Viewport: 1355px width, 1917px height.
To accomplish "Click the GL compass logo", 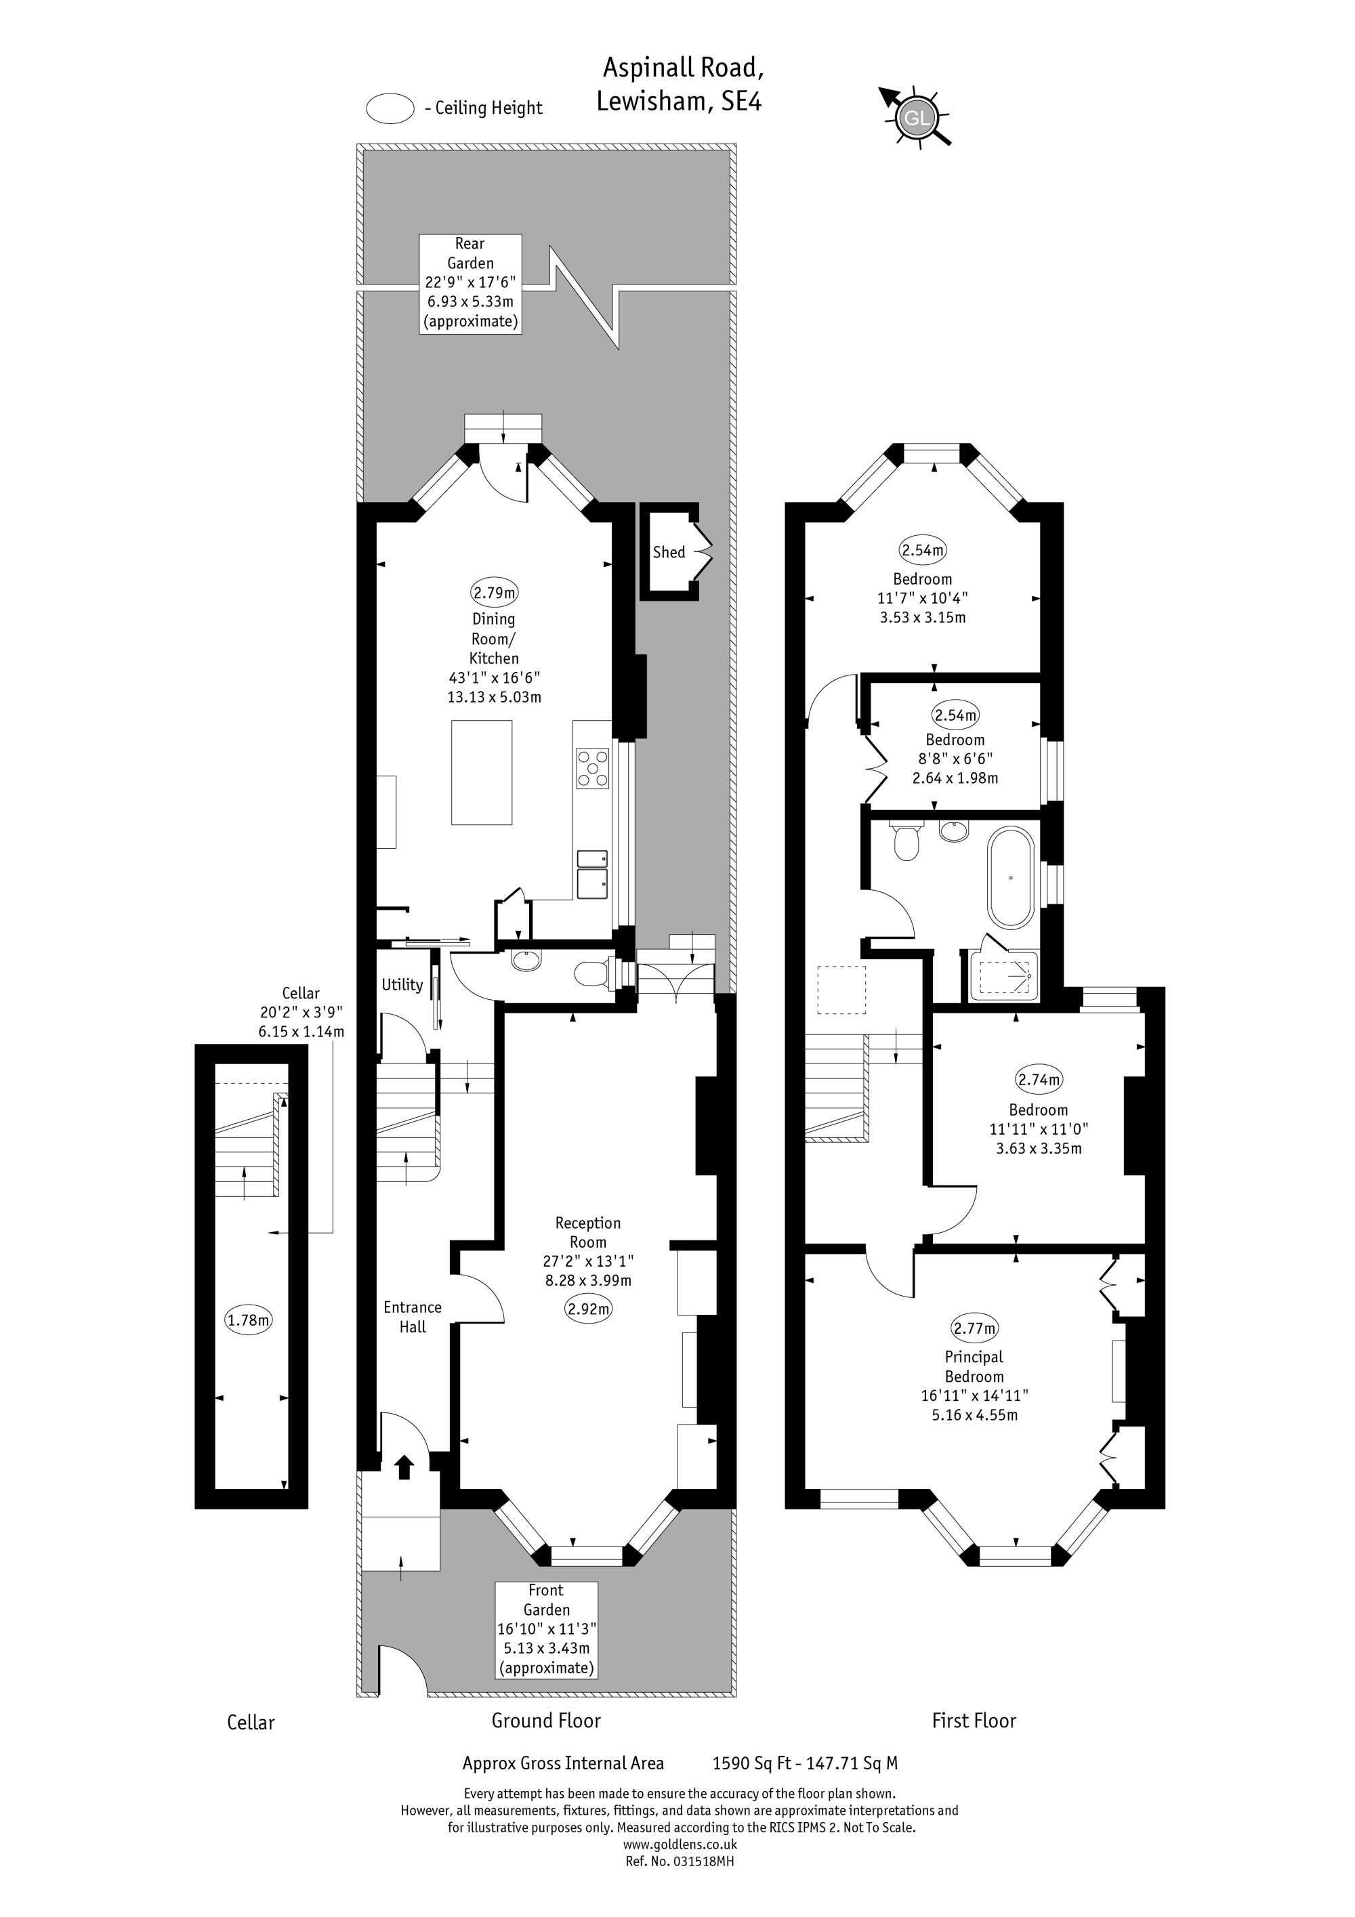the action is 916,118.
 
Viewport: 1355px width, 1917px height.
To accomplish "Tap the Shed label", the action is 669,552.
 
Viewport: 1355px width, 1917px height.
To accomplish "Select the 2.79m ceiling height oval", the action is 495,593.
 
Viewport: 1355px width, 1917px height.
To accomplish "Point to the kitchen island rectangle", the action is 482,772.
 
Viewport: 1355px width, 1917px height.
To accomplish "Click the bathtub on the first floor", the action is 1011,879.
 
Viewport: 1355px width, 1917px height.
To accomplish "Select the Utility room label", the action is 402,984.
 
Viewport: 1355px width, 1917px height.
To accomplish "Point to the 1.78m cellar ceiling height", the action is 249,1320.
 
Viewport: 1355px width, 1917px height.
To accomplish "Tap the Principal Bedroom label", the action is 974,1367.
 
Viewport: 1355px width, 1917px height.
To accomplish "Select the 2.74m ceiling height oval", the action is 1039,1080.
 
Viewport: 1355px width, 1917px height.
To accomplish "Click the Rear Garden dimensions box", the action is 471,284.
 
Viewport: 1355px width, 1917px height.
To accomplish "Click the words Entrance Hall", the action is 413,1317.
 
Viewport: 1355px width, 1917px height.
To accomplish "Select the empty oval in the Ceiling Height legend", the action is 390,108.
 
